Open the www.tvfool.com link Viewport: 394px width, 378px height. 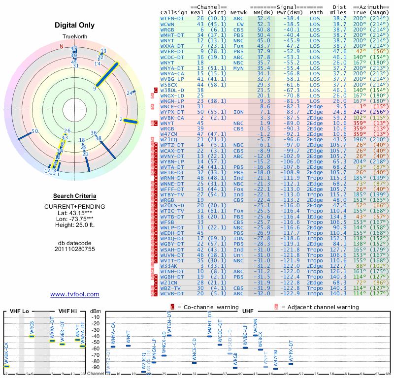[75, 294]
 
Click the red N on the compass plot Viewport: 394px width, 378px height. [62, 46]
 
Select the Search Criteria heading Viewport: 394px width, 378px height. [75, 196]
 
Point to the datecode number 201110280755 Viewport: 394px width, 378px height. [75, 250]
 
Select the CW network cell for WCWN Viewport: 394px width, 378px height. [240, 24]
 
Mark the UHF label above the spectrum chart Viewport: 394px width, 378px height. [248, 311]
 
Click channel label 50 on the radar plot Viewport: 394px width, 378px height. [34, 131]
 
